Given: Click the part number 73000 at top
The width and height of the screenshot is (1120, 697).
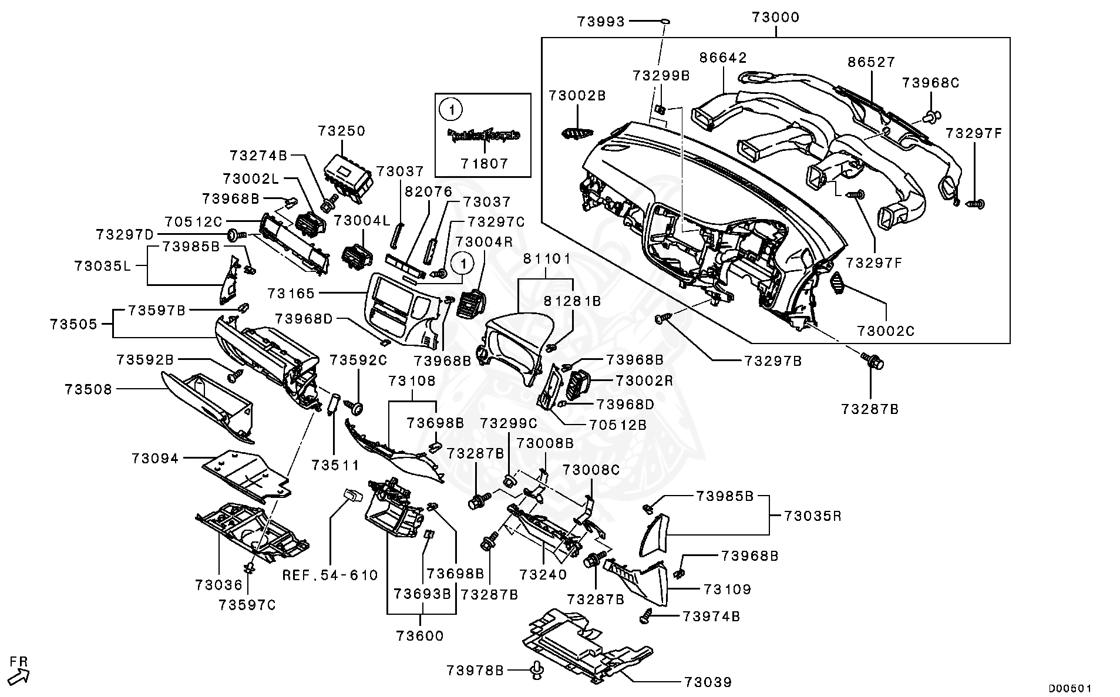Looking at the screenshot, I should tap(775, 17).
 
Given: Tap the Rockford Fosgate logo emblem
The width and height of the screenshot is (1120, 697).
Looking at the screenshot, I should tap(484, 136).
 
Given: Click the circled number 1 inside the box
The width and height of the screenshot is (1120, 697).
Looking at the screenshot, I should tap(450, 109).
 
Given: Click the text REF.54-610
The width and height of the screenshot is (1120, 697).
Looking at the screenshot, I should tap(331, 575).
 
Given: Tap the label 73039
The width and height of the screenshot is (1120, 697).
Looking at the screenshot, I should tap(708, 682).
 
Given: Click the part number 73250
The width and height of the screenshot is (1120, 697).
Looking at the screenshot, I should tap(342, 130).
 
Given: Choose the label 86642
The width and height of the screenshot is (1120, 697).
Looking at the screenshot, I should tap(723, 58).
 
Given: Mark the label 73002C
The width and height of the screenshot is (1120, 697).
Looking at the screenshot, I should tap(886, 331).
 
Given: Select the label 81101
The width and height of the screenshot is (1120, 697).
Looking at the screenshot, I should tap(547, 258).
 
